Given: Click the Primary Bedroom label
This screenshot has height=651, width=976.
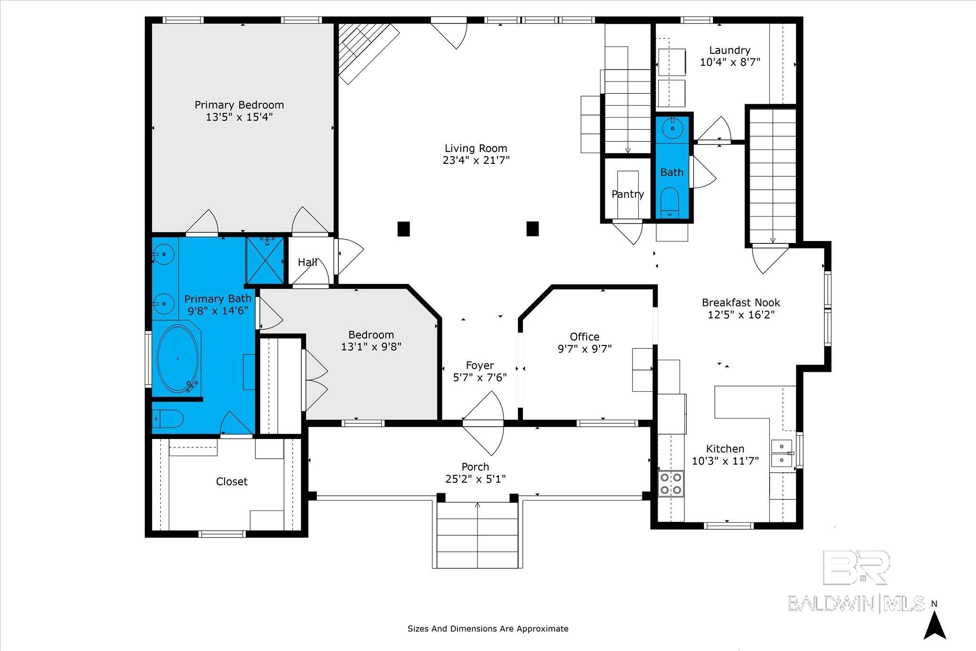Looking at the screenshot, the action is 239,105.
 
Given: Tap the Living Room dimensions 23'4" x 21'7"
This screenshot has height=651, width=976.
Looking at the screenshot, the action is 476,160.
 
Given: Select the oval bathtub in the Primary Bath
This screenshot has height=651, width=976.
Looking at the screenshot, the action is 177,359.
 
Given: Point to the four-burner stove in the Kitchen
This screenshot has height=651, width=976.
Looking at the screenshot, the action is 671,484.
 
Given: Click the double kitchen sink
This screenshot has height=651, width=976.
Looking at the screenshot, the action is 782,453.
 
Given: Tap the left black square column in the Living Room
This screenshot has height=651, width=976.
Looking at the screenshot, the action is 404,229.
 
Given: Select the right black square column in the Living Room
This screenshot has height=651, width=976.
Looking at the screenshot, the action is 532,229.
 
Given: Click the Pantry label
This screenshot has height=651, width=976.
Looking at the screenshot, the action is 628,194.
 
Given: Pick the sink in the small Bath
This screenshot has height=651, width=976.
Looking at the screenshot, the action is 672,128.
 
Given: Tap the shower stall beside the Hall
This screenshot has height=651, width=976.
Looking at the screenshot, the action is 264,260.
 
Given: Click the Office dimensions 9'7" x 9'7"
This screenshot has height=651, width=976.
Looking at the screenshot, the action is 584,349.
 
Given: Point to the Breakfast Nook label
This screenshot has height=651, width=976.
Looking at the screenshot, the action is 741,302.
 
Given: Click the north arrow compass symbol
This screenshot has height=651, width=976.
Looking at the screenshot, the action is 935,625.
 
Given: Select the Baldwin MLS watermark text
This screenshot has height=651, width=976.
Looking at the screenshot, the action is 856,604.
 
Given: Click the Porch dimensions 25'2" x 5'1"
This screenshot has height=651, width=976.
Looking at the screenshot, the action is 476,479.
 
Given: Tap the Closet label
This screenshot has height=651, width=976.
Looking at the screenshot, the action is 232,481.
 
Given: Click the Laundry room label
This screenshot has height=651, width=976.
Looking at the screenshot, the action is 730,50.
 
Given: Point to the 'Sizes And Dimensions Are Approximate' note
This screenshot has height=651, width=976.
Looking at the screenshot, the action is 488,629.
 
